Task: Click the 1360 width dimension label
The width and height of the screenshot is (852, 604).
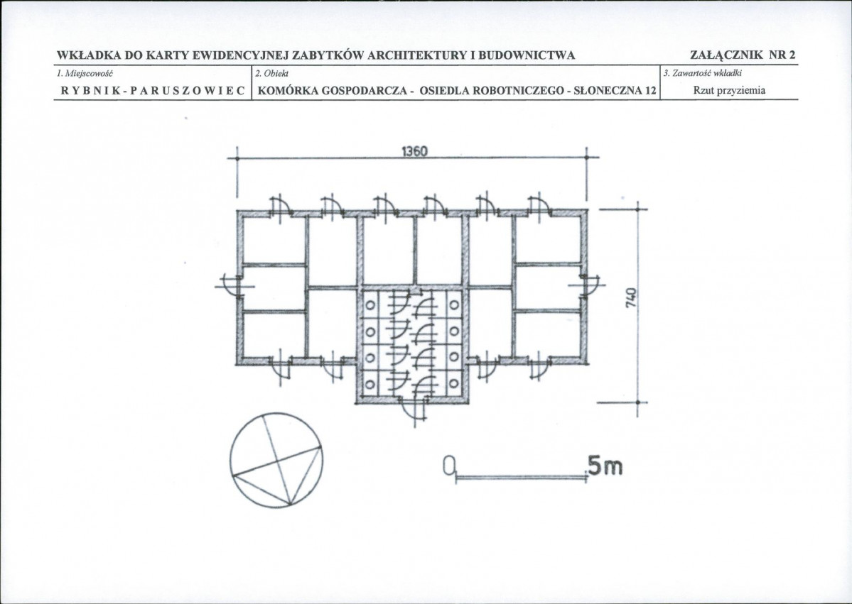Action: tap(414, 151)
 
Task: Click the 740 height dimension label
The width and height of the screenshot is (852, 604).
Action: tap(630, 298)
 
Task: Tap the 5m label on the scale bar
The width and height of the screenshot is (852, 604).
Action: tap(605, 466)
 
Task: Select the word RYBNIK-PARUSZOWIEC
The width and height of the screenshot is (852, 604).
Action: tap(153, 90)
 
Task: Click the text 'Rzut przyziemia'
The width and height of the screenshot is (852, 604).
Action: tap(729, 91)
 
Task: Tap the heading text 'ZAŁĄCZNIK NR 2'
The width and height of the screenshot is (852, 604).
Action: tap(743, 55)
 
